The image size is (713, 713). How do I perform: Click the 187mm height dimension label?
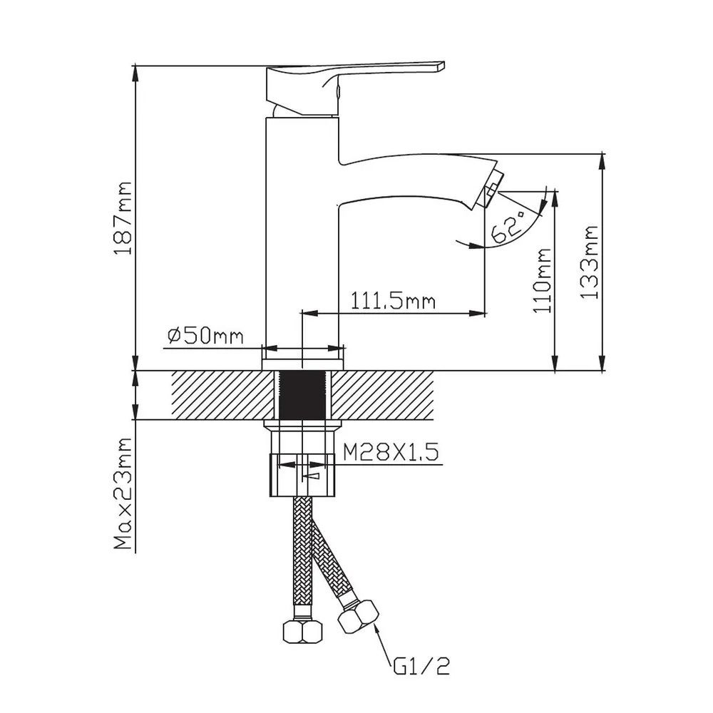pyautogui.click(x=123, y=218)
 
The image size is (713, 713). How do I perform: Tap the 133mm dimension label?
pyautogui.click(x=589, y=262)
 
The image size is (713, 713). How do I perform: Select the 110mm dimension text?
pyautogui.click(x=542, y=280)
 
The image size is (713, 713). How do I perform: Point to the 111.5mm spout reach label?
pyautogui.click(x=393, y=301)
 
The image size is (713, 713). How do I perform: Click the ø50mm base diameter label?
pyautogui.click(x=205, y=336)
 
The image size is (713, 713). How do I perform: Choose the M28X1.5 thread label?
pyautogui.click(x=391, y=452)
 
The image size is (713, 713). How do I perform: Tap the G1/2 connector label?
pyautogui.click(x=421, y=667)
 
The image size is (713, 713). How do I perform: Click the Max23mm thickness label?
pyautogui.click(x=123, y=494)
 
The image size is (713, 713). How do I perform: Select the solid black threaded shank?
pyautogui.click(x=302, y=395)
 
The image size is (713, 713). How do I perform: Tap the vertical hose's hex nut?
pyautogui.click(x=302, y=632)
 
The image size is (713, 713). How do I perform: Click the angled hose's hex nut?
pyautogui.click(x=359, y=617)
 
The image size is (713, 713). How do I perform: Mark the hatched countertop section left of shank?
pyautogui.click(x=222, y=395)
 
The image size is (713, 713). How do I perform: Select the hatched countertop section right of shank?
pyautogui.click(x=382, y=395)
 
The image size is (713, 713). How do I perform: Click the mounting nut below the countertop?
pyautogui.click(x=302, y=474)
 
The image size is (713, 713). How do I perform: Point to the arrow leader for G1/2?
pyautogui.click(x=382, y=642)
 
